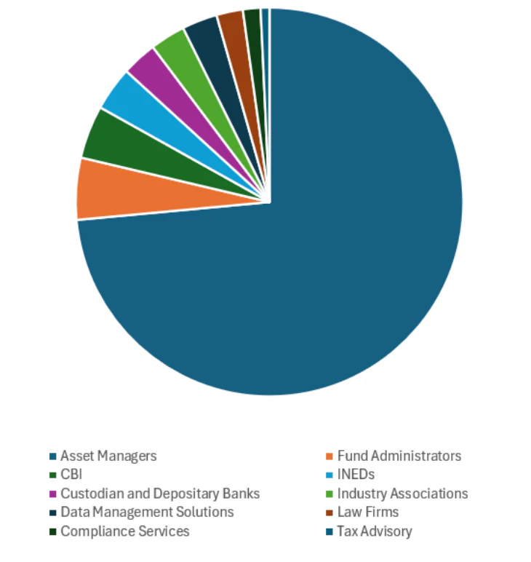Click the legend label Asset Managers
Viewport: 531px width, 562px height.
pos(108,456)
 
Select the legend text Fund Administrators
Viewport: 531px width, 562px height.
pos(399,456)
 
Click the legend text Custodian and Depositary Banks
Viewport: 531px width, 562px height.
pos(160,494)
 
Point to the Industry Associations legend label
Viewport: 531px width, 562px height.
pos(402,494)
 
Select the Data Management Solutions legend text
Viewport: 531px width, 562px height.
pos(147,512)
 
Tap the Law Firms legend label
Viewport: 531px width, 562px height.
pos(368,512)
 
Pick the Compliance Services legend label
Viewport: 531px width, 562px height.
pos(125,531)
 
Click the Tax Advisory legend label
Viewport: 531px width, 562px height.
pos(375,531)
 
